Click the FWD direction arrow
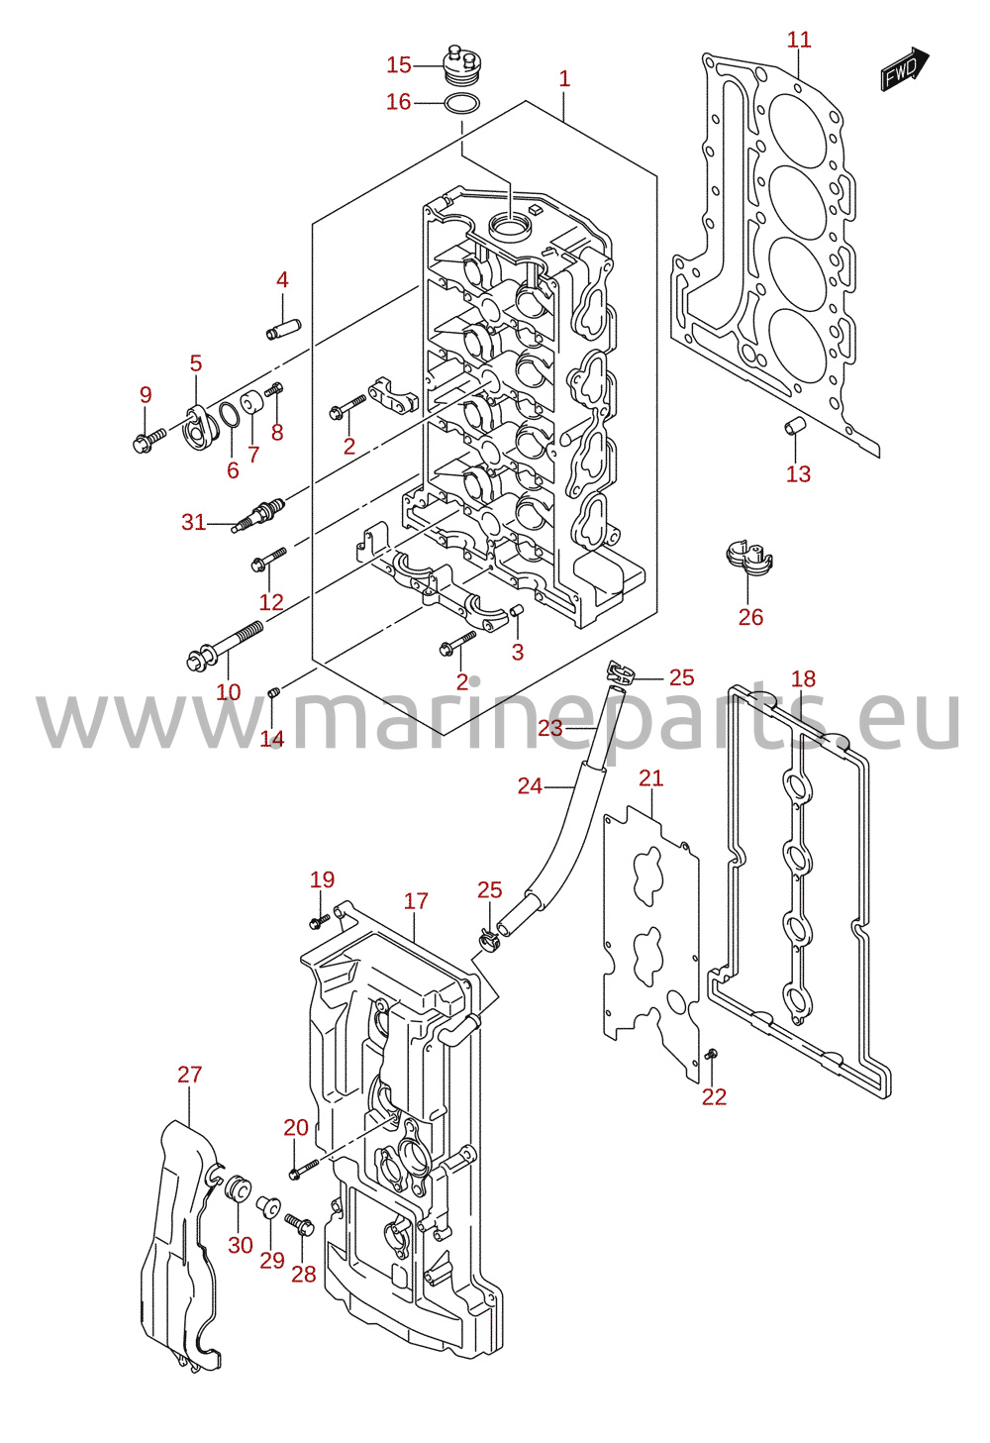pos(904,69)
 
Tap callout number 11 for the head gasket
pos(799,40)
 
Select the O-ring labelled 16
pos(461,104)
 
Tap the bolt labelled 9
pos(148,440)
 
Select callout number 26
pos(750,617)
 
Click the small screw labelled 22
pos(711,1054)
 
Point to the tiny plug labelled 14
pos(272,692)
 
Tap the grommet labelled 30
pos(237,1187)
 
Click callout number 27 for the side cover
pos(190,1074)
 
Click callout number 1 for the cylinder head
pos(564,78)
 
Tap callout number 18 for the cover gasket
pos(803,678)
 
